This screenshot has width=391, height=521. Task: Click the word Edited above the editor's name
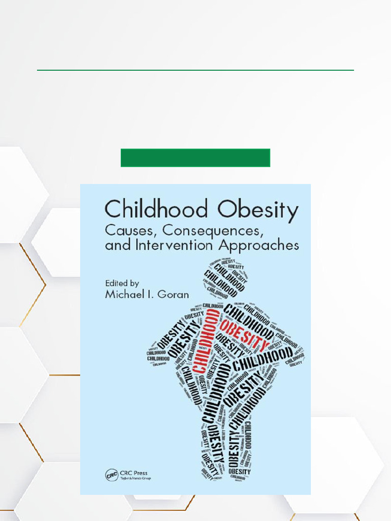[x=117, y=283]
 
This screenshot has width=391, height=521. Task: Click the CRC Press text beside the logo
[x=134, y=473]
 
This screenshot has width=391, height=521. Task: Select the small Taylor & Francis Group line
[x=135, y=479]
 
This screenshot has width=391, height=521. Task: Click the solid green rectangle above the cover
[x=195, y=158]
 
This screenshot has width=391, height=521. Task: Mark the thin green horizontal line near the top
[x=195, y=70]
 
